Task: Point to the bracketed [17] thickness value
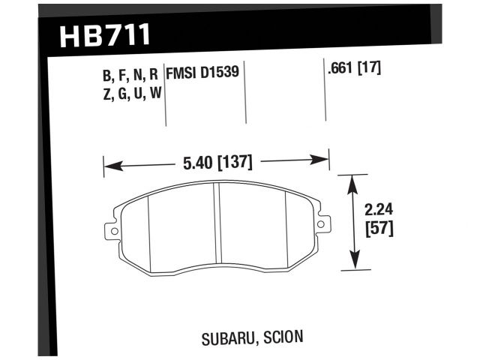370,68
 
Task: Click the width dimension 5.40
197,161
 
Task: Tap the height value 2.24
376,211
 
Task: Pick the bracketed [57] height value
376,228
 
